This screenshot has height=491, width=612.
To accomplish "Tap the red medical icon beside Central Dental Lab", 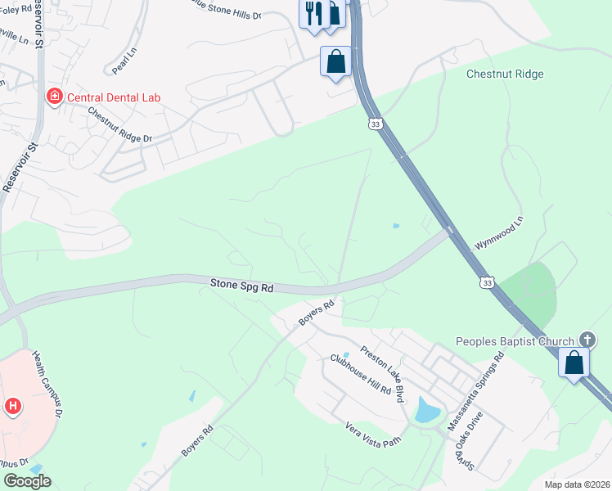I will [55, 97].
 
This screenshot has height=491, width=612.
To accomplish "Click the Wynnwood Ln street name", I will [497, 233].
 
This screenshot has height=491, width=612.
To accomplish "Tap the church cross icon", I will [587, 339].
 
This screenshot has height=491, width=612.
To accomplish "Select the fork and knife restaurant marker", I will [313, 14].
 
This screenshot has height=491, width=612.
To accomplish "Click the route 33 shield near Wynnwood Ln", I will [488, 282].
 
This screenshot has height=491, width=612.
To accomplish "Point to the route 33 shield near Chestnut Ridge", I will [375, 124].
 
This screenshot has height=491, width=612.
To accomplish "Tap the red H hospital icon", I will [13, 405].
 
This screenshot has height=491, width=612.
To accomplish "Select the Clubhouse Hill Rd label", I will [360, 374].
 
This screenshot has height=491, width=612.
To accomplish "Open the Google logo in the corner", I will [28, 481].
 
